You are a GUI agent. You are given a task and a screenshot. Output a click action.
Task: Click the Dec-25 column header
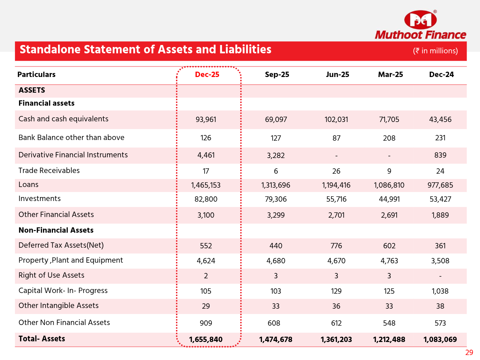coord(207,75)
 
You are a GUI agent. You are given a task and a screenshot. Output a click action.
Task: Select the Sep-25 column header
coord(277,75)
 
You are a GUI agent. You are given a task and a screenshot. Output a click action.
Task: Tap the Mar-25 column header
coord(390,75)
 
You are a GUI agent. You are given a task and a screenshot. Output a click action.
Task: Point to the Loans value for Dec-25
coord(206,185)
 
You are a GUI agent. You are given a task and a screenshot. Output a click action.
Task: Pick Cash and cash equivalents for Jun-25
coord(336,120)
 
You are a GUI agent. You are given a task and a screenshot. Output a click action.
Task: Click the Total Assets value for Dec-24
coord(440,340)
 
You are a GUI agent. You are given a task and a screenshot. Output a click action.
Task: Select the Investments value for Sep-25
coord(276,199)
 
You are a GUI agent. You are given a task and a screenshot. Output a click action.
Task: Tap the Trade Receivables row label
coord(49,171)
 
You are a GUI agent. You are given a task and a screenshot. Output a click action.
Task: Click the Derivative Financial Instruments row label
coord(73,155)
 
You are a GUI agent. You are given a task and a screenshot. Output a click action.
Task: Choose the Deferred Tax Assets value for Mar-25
coord(389,246)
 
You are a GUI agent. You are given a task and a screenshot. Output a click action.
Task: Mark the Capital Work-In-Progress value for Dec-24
coord(440,291)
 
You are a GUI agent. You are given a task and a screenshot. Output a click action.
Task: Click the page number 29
coord(469,353)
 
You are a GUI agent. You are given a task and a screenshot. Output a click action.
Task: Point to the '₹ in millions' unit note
coord(435,51)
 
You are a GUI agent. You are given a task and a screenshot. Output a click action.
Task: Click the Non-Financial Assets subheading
coord(56,230)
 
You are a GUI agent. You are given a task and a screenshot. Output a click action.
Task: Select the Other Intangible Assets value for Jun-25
coord(336,306)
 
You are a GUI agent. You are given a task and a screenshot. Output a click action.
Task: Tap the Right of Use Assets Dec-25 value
coord(206,276)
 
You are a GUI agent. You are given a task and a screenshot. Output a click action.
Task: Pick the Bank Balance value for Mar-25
coord(389,138)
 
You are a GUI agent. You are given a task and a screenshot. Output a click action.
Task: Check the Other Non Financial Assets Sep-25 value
coord(276,323)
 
